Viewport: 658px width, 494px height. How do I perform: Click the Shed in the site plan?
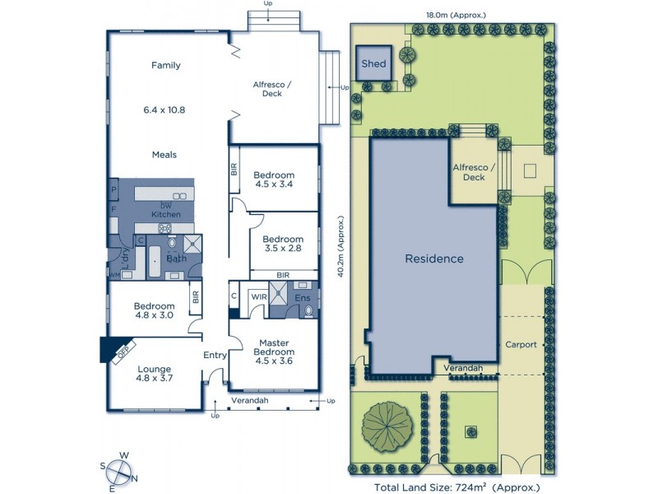pos(373,64)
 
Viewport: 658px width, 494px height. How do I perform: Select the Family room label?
pos(165,66)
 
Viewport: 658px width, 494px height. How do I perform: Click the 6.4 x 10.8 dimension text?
pos(164,109)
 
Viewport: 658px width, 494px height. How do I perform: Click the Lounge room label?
pos(155,369)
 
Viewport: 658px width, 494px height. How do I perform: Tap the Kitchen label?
pos(165,214)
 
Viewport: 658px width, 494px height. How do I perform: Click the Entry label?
pos(215,355)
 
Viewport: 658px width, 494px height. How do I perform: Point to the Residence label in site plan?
pos(433,259)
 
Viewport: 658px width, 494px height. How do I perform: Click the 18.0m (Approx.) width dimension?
pos(456,15)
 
